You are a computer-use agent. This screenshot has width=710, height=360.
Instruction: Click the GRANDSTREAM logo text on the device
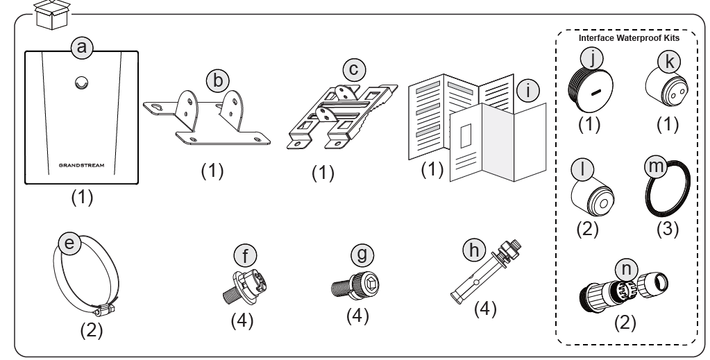[81, 165]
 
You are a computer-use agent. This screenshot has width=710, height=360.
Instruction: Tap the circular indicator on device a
[81, 83]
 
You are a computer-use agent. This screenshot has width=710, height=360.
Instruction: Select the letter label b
[218, 81]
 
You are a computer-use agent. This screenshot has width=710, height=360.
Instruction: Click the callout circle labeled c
[354, 69]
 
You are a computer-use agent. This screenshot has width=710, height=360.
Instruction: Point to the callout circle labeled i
[527, 90]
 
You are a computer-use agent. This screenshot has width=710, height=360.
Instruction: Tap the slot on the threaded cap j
[596, 92]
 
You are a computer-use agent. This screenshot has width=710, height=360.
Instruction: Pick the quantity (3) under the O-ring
[668, 229]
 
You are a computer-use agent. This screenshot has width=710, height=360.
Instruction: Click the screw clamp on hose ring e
[103, 310]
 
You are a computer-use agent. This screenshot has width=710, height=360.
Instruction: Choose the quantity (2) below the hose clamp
[92, 330]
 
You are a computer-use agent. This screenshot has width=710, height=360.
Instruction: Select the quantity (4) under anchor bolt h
[485, 309]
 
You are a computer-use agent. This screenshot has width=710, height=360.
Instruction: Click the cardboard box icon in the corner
[53, 15]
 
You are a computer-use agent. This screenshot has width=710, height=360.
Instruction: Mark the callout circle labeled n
[626, 269]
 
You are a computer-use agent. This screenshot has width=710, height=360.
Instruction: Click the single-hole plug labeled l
[592, 195]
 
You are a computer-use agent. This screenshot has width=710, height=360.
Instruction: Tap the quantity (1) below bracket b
[212, 171]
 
